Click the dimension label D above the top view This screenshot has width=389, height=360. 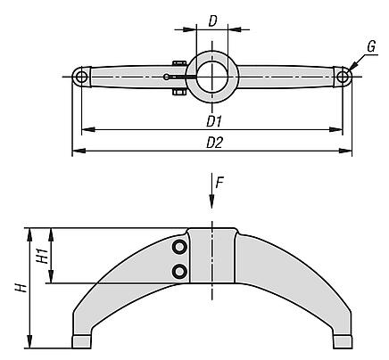click(x=212, y=21)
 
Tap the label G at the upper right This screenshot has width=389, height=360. click(x=371, y=47)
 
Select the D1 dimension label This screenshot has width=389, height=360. click(x=214, y=122)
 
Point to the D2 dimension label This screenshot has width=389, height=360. click(x=214, y=143)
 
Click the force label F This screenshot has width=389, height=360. click(x=219, y=184)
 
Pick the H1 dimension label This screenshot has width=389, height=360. click(x=42, y=256)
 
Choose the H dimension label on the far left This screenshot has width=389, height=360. click(x=21, y=288)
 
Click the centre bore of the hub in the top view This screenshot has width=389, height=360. click(x=212, y=77)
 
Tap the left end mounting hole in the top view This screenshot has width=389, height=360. click(x=80, y=77)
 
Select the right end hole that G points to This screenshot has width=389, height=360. click(x=343, y=77)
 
